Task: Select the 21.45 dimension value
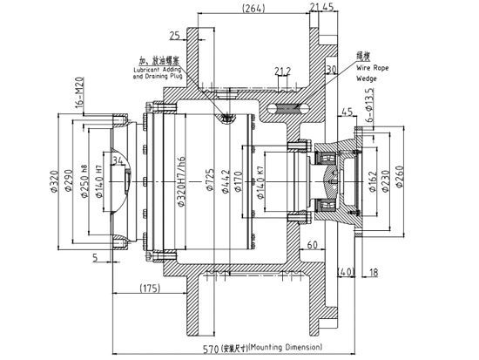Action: click(x=321, y=8)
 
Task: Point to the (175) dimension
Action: click(x=146, y=288)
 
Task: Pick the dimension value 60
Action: click(x=313, y=247)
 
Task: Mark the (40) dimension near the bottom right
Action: click(x=347, y=274)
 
